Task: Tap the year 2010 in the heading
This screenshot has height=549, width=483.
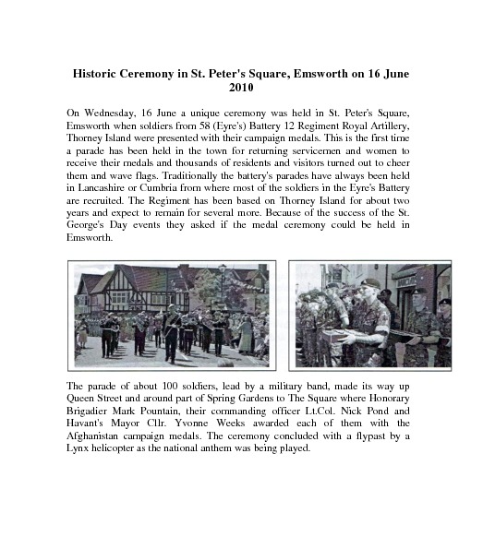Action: pos(240,87)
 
